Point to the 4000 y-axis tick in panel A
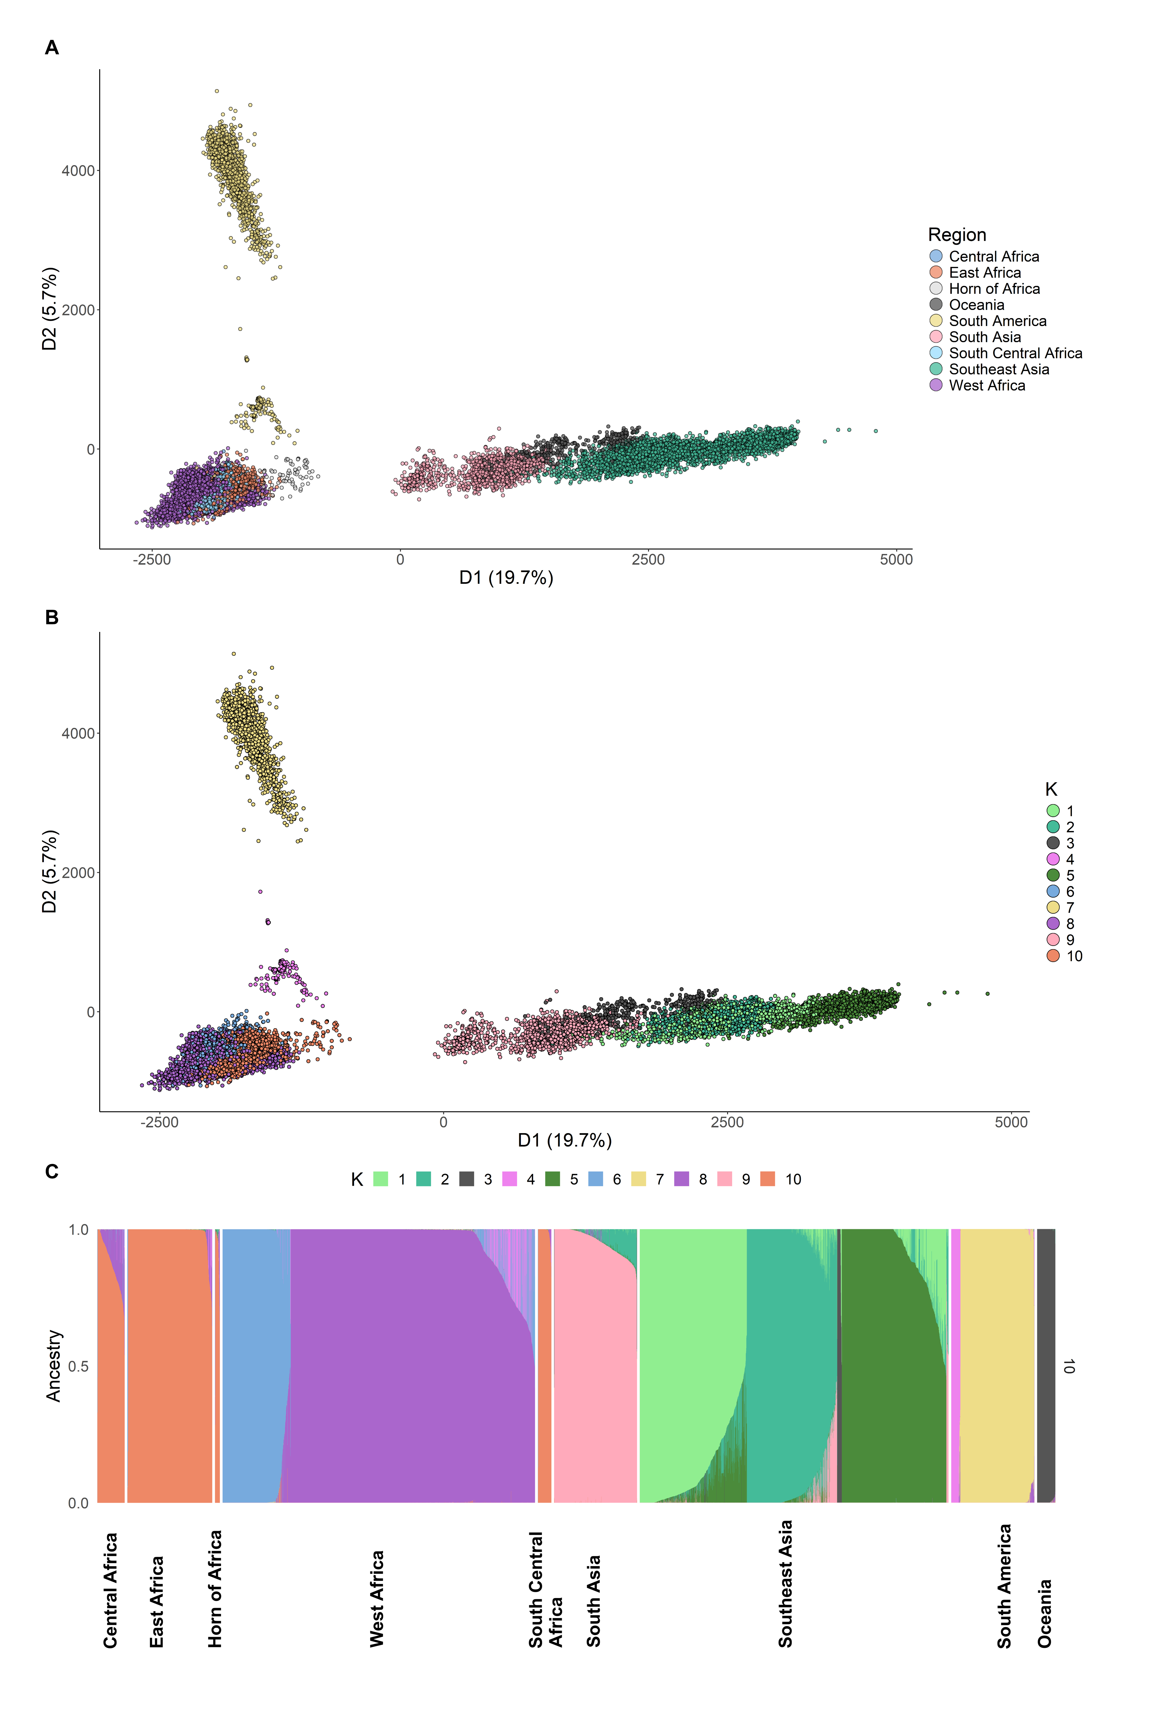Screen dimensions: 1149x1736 tap(79, 171)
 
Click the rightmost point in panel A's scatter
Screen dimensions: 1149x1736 tap(876, 431)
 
